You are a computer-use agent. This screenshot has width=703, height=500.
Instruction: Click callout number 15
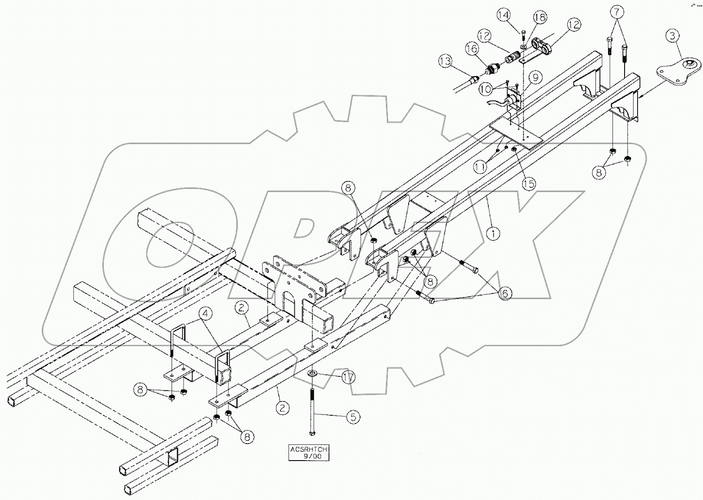[x=529, y=183]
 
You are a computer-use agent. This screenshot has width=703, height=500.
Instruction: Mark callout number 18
[x=540, y=18]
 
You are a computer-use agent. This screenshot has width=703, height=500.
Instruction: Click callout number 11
[x=480, y=167]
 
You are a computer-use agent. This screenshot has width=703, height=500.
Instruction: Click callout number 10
[x=484, y=89]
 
